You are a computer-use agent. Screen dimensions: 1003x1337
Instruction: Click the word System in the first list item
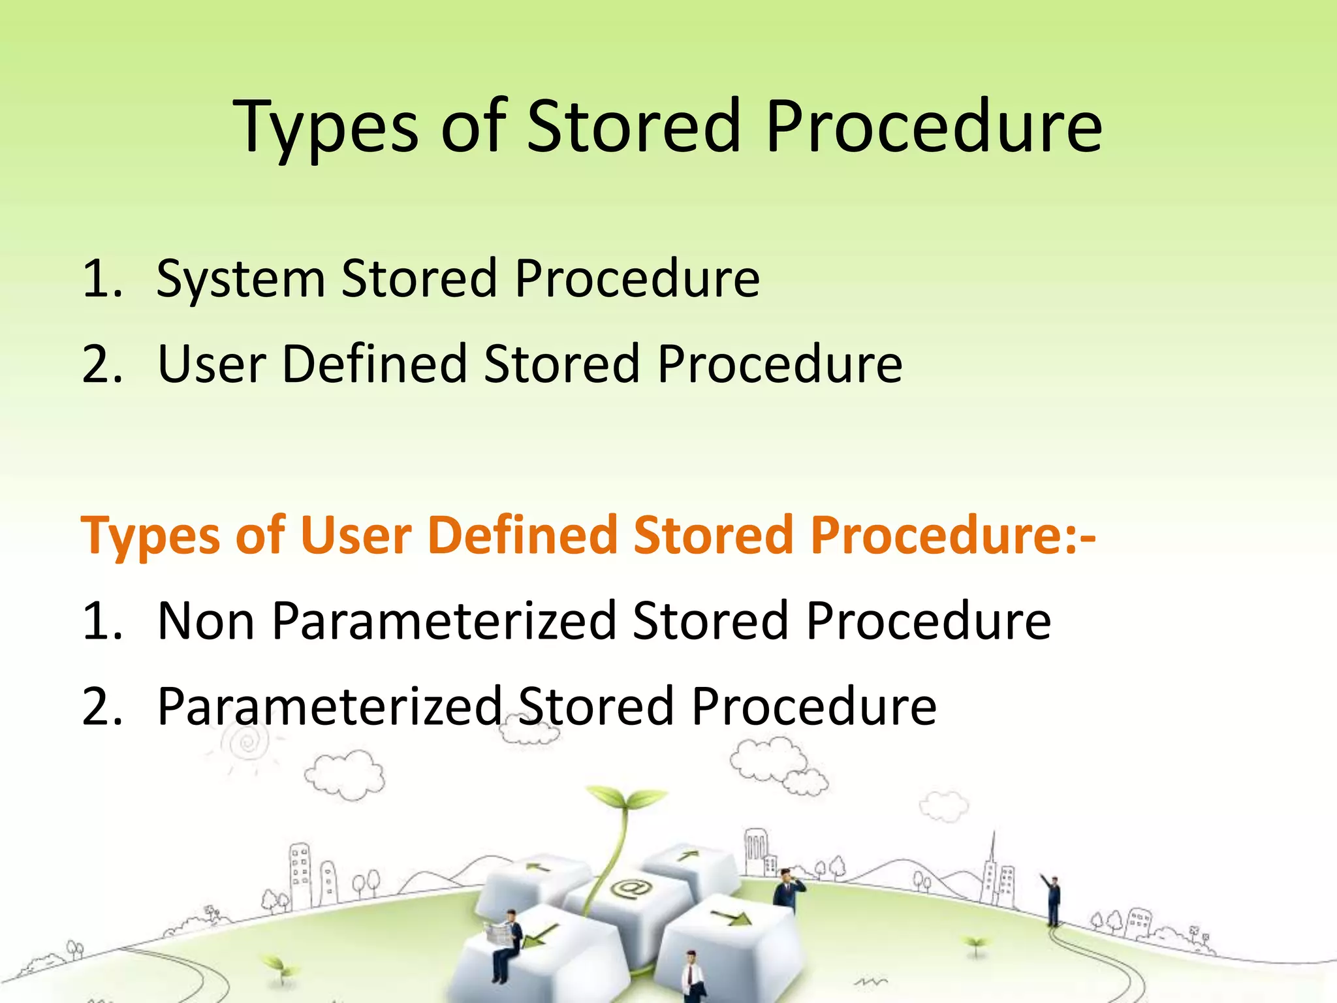point(241,279)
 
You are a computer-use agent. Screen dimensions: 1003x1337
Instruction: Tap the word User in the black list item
point(212,364)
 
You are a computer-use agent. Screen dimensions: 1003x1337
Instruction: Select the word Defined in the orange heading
point(522,535)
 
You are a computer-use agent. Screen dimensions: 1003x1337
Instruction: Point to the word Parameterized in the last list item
point(330,707)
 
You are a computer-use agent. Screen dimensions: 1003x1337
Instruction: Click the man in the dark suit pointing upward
point(1052,900)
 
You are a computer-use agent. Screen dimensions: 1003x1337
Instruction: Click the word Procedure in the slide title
point(934,127)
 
